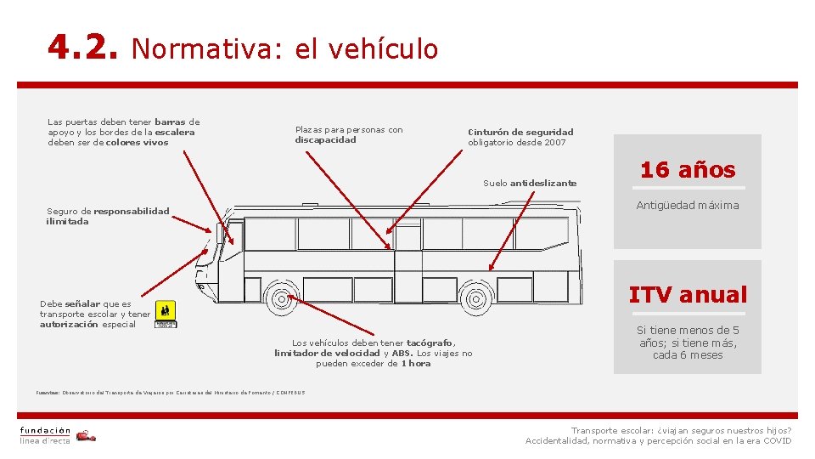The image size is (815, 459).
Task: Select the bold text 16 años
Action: click(x=688, y=169)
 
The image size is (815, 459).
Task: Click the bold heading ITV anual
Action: click(x=688, y=295)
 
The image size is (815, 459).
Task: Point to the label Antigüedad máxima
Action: click(x=688, y=205)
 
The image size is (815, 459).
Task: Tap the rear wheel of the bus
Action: click(x=475, y=299)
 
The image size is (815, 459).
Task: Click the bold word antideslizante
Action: click(x=543, y=183)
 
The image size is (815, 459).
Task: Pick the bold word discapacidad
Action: click(x=326, y=140)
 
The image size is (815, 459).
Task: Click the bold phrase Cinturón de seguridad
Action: click(x=521, y=132)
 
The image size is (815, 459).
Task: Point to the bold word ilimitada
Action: click(x=67, y=221)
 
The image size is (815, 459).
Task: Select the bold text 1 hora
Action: click(x=416, y=363)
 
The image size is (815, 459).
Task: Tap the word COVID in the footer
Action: click(x=777, y=440)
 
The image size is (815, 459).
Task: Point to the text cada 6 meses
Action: click(x=688, y=355)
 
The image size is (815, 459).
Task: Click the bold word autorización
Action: click(x=69, y=324)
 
